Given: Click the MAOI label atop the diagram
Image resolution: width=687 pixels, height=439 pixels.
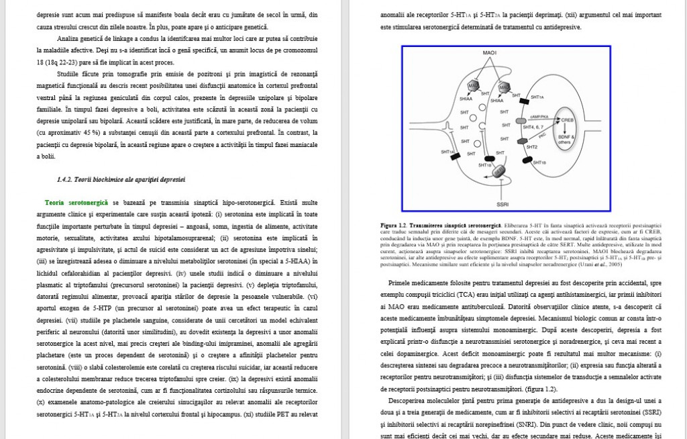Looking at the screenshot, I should pyautogui.click(x=488, y=53).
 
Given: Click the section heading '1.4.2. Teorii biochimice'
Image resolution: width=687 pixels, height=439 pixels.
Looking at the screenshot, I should pyautogui.click(x=121, y=179).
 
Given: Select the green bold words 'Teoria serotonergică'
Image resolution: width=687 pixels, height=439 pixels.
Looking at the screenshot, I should pyautogui.click(x=76, y=201).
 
